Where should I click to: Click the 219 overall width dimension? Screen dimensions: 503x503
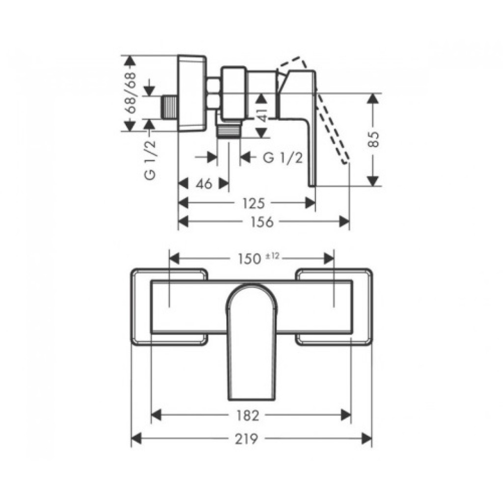[247, 439]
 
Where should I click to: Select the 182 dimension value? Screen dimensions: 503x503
[248, 416]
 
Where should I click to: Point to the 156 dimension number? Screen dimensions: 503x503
[262, 222]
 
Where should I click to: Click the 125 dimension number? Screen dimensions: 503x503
[254, 203]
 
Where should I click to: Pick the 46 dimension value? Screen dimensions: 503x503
[204, 184]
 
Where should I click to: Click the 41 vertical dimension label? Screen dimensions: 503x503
[263, 114]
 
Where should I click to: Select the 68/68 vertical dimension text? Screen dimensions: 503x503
[131, 92]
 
